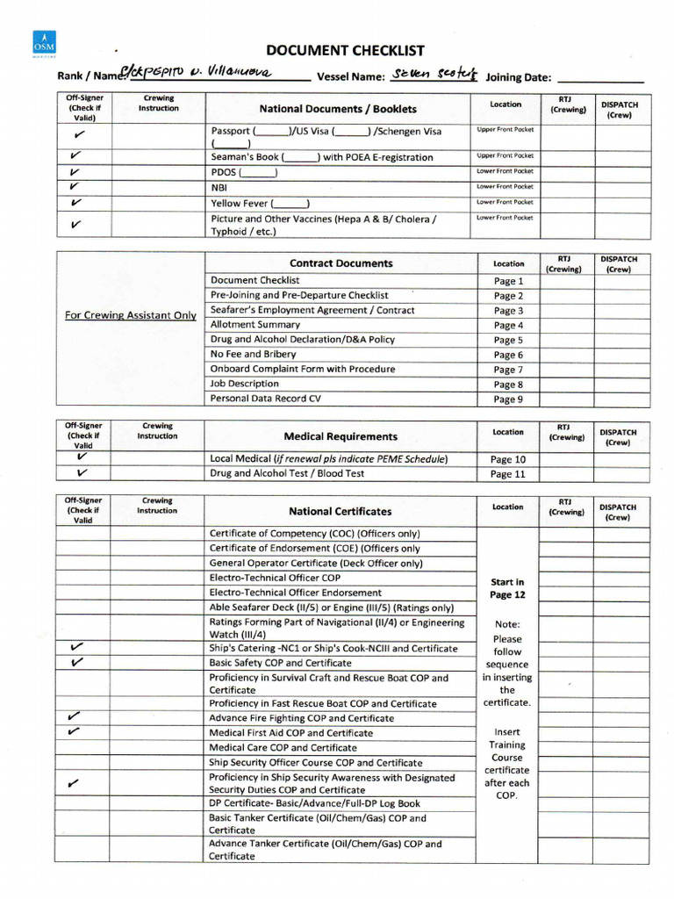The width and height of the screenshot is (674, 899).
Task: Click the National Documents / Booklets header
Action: point(338,109)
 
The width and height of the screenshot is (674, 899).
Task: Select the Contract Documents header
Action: point(341,263)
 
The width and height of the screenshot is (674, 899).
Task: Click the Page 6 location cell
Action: point(508,355)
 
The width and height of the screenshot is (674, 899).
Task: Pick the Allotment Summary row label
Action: point(255,325)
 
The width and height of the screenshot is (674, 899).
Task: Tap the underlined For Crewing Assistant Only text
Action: point(131,315)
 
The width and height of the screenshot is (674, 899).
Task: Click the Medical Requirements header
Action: point(341,436)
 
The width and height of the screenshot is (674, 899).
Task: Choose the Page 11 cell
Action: point(508,474)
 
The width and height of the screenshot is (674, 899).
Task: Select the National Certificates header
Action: point(341,511)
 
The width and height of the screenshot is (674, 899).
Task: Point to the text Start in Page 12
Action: point(508,588)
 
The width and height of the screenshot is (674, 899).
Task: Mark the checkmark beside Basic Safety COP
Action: point(76,662)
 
